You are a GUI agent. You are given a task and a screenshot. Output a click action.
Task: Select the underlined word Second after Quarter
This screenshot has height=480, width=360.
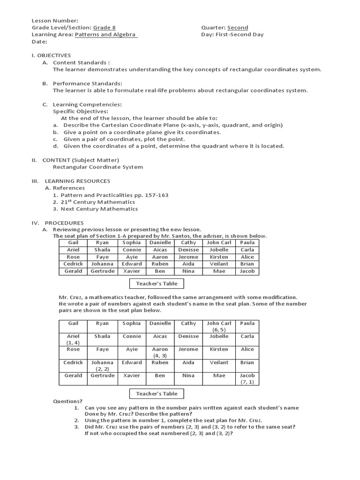[x=238, y=28]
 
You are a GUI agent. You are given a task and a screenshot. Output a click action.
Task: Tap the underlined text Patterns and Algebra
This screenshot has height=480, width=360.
[x=106, y=34]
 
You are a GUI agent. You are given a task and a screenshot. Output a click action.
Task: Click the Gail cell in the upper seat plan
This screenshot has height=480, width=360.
[x=73, y=243]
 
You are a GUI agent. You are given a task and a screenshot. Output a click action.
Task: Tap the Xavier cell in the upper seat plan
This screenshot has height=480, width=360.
[x=131, y=271]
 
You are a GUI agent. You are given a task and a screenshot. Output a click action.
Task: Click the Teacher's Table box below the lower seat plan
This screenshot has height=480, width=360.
[x=157, y=394]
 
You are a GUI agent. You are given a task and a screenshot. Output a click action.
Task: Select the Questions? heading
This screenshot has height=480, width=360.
[x=67, y=401]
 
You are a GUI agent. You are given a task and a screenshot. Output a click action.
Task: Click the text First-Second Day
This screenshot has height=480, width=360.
[x=240, y=34]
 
